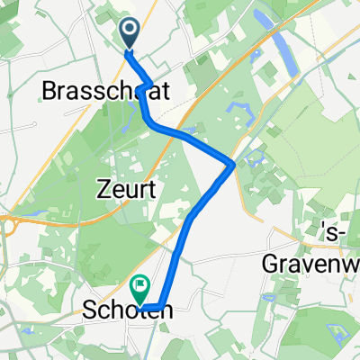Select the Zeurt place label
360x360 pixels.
click(126, 190)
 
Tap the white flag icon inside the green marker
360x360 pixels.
click(141, 288)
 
